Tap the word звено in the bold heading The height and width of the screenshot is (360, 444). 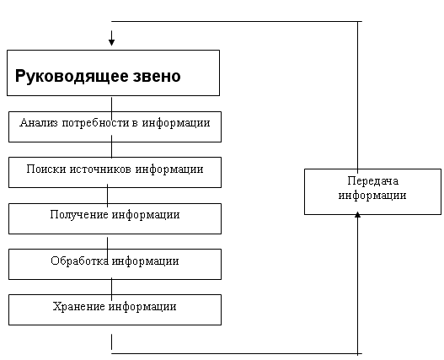[157, 76]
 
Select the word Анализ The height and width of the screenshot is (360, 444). [39, 123]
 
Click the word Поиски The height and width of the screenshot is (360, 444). [46, 169]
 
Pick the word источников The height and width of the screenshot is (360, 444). [100, 169]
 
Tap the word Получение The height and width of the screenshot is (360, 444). [79, 215]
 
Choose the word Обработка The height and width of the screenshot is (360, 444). [79, 261]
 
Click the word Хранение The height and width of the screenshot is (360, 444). [78, 306]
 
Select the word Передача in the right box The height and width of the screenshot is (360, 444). [373, 181]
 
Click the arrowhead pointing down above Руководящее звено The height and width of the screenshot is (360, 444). [111, 42]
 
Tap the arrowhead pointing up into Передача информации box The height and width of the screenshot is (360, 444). [357, 214]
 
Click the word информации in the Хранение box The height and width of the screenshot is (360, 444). [142, 307]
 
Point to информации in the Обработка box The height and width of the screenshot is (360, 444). [145, 261]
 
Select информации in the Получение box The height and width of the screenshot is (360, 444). [146, 216]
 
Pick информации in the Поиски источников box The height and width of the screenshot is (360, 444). [169, 169]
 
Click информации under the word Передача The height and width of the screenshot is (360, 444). [372, 196]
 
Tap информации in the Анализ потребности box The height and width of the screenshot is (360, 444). [176, 124]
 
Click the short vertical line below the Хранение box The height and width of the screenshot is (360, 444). [111, 341]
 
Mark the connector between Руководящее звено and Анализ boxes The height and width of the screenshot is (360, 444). [111, 108]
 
